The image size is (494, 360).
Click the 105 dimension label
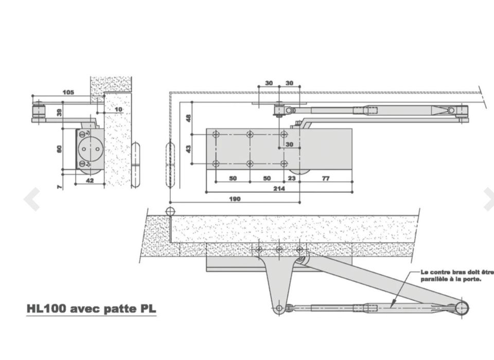coord(68,93)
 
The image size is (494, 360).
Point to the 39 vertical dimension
coord(60,112)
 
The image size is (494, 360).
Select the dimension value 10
coord(119,110)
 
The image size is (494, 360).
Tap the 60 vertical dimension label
coord(60,149)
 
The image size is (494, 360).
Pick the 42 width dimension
coord(90,181)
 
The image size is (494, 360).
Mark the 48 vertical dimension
coord(188,118)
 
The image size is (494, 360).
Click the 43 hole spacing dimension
coord(188,149)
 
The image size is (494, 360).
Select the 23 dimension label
coord(292,178)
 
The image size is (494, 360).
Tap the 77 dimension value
coord(325,178)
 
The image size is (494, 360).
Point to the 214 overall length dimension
coord(279,188)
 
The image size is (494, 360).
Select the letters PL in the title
coord(146,309)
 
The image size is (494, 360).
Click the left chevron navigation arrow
coord(32,200)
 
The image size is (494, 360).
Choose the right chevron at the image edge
coord(488,200)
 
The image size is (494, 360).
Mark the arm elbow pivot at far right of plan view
coord(462,308)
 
